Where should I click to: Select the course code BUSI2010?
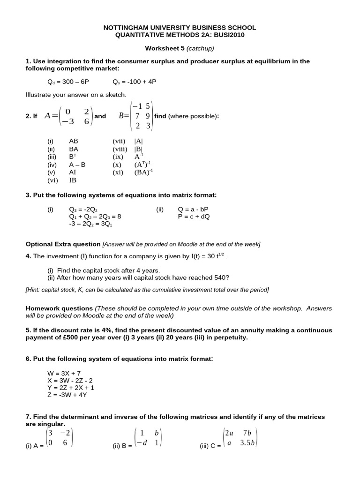click(x=231, y=35)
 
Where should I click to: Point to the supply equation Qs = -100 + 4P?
click(x=135, y=82)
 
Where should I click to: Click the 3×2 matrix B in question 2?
click(x=141, y=116)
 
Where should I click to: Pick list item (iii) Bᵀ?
click(x=73, y=157)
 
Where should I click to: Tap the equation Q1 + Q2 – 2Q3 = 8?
click(x=95, y=217)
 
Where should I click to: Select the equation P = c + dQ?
click(x=194, y=217)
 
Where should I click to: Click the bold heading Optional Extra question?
click(x=63, y=244)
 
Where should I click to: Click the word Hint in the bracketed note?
click(x=34, y=290)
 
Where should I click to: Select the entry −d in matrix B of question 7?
click(x=140, y=442)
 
